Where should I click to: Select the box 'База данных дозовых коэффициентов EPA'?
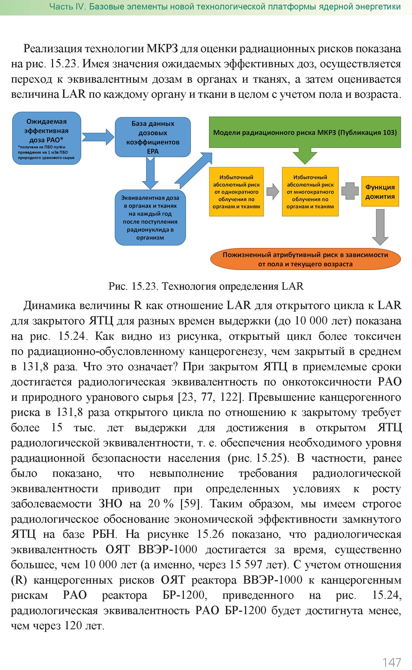coord(153,137)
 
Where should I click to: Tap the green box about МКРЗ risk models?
coord(305,132)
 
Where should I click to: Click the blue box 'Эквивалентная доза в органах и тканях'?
coord(150,217)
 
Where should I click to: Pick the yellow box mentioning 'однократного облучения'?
coord(236,192)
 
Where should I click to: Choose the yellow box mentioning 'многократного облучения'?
coord(310,192)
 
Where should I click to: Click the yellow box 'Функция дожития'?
coord(380,191)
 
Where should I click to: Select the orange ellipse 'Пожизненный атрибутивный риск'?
coord(305,259)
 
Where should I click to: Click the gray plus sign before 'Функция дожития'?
coord(350,191)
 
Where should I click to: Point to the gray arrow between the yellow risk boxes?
coord(272,191)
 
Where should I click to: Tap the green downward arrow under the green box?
coord(305,155)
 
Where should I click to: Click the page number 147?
coord(392,662)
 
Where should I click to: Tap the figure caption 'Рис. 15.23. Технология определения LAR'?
coord(206,286)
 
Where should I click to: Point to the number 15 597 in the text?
coord(245,565)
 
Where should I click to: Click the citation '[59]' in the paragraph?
coord(191,504)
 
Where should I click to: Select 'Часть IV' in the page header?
coord(67,6)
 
